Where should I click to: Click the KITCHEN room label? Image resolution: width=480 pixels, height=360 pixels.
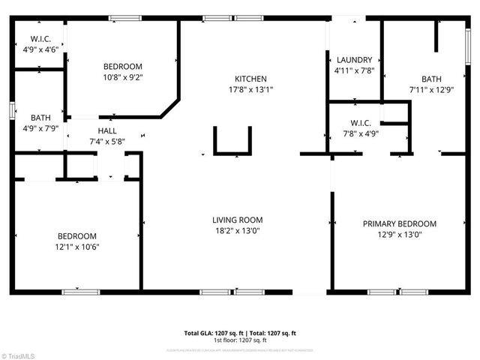click(x=250, y=79)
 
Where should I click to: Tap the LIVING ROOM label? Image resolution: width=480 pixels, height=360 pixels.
click(x=237, y=220)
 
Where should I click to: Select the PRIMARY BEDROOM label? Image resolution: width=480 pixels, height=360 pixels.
click(x=399, y=223)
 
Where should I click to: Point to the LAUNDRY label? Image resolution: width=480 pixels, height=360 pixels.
click(x=355, y=60)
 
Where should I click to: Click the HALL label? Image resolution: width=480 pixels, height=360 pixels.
click(x=106, y=130)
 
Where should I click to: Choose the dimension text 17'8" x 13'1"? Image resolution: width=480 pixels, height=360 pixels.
click(x=250, y=90)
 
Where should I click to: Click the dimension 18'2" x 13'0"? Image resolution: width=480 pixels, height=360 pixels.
click(x=237, y=231)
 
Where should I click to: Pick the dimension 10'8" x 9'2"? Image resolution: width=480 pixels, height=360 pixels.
click(x=122, y=77)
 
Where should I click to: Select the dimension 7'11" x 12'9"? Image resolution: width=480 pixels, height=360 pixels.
click(x=431, y=90)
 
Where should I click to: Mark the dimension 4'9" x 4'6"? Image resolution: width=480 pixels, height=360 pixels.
click(x=40, y=49)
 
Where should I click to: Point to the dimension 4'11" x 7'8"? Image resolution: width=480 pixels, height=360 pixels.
click(x=355, y=71)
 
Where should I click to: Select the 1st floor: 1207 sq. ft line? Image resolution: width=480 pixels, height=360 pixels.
click(x=241, y=340)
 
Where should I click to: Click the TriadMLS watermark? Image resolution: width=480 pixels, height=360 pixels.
click(x=19, y=355)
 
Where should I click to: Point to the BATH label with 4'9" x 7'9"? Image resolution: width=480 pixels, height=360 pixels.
click(x=40, y=118)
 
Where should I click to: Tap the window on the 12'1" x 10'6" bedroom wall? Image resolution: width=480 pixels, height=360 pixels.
click(x=80, y=292)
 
